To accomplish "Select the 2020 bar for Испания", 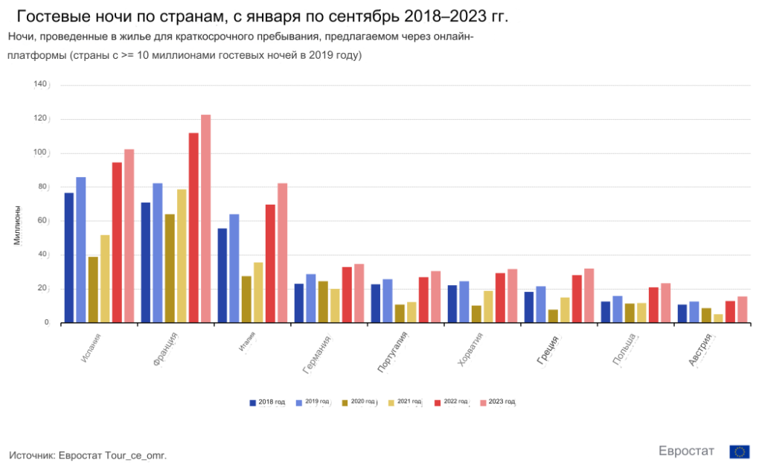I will [93, 290].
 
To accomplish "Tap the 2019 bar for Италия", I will [234, 268].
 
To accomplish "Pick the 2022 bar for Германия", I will [347, 295].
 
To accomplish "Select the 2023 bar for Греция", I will [589, 296].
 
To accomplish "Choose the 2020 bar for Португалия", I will [400, 313].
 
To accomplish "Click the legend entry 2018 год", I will [267, 402].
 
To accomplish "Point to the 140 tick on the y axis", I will [40, 84].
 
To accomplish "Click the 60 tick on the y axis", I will [42, 221].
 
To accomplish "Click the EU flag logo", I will [739, 451].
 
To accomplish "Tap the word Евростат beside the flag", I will [686, 451].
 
